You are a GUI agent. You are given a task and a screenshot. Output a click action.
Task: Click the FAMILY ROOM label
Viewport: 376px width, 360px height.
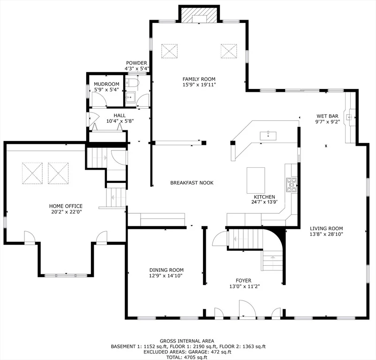[199, 79]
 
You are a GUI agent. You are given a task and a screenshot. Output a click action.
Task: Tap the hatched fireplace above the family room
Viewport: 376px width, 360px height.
[199, 15]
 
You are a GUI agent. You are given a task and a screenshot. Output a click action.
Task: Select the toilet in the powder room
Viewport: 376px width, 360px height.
[132, 82]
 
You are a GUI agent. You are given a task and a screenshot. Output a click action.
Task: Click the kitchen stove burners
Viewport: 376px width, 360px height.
[291, 185]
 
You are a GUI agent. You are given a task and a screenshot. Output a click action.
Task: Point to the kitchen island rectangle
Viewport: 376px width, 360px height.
[256, 180]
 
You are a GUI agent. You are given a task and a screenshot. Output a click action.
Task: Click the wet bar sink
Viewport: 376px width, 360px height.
[349, 117]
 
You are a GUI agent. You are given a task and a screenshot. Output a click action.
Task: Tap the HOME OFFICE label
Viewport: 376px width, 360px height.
[66, 206]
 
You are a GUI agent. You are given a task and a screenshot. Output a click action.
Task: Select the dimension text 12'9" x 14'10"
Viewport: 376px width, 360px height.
[166, 276]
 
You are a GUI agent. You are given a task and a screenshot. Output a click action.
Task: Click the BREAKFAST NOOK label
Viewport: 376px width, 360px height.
[192, 183]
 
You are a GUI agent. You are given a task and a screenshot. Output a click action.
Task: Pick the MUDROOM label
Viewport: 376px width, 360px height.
[106, 84]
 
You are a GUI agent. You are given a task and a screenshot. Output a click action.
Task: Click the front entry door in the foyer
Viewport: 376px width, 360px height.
[247, 309]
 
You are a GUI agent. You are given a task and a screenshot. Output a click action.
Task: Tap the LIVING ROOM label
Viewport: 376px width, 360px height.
[326, 228]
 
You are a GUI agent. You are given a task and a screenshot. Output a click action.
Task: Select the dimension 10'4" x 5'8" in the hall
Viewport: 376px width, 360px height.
[120, 121]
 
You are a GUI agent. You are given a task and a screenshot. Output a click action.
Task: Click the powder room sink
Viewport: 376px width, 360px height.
[130, 97]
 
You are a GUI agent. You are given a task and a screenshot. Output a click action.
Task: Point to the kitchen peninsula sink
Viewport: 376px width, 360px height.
[268, 135]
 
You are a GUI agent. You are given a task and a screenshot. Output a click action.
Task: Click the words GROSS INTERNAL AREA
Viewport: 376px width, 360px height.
[187, 341]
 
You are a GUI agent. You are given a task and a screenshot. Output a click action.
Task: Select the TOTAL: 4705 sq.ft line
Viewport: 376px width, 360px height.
[187, 357]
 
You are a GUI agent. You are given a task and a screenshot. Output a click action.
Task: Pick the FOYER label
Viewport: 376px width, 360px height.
[243, 280]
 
